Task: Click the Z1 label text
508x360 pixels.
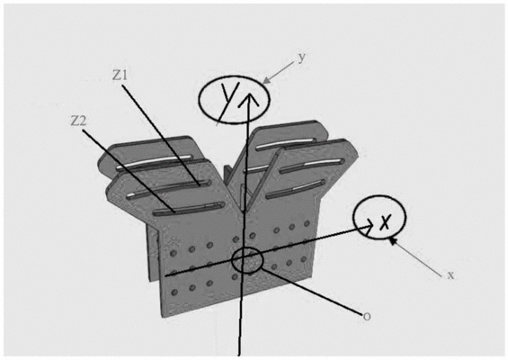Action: click(120, 76)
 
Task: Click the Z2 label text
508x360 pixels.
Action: click(79, 121)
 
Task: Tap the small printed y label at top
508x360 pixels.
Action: click(302, 58)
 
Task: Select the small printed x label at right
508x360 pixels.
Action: click(450, 275)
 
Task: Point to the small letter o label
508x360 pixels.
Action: click(367, 316)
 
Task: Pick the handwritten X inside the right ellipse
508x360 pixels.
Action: click(385, 221)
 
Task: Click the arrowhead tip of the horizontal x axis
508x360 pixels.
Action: click(372, 226)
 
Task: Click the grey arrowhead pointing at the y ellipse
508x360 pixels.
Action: click(265, 81)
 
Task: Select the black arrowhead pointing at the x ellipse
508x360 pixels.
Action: click(392, 240)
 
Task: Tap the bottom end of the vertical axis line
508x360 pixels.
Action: click(239, 355)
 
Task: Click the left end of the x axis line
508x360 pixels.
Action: click(166, 275)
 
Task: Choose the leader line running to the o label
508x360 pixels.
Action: click(311, 292)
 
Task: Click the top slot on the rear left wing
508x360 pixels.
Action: click(155, 162)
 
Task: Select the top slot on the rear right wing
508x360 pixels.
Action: click(287, 144)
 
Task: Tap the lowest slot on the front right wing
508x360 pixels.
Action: click(296, 189)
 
